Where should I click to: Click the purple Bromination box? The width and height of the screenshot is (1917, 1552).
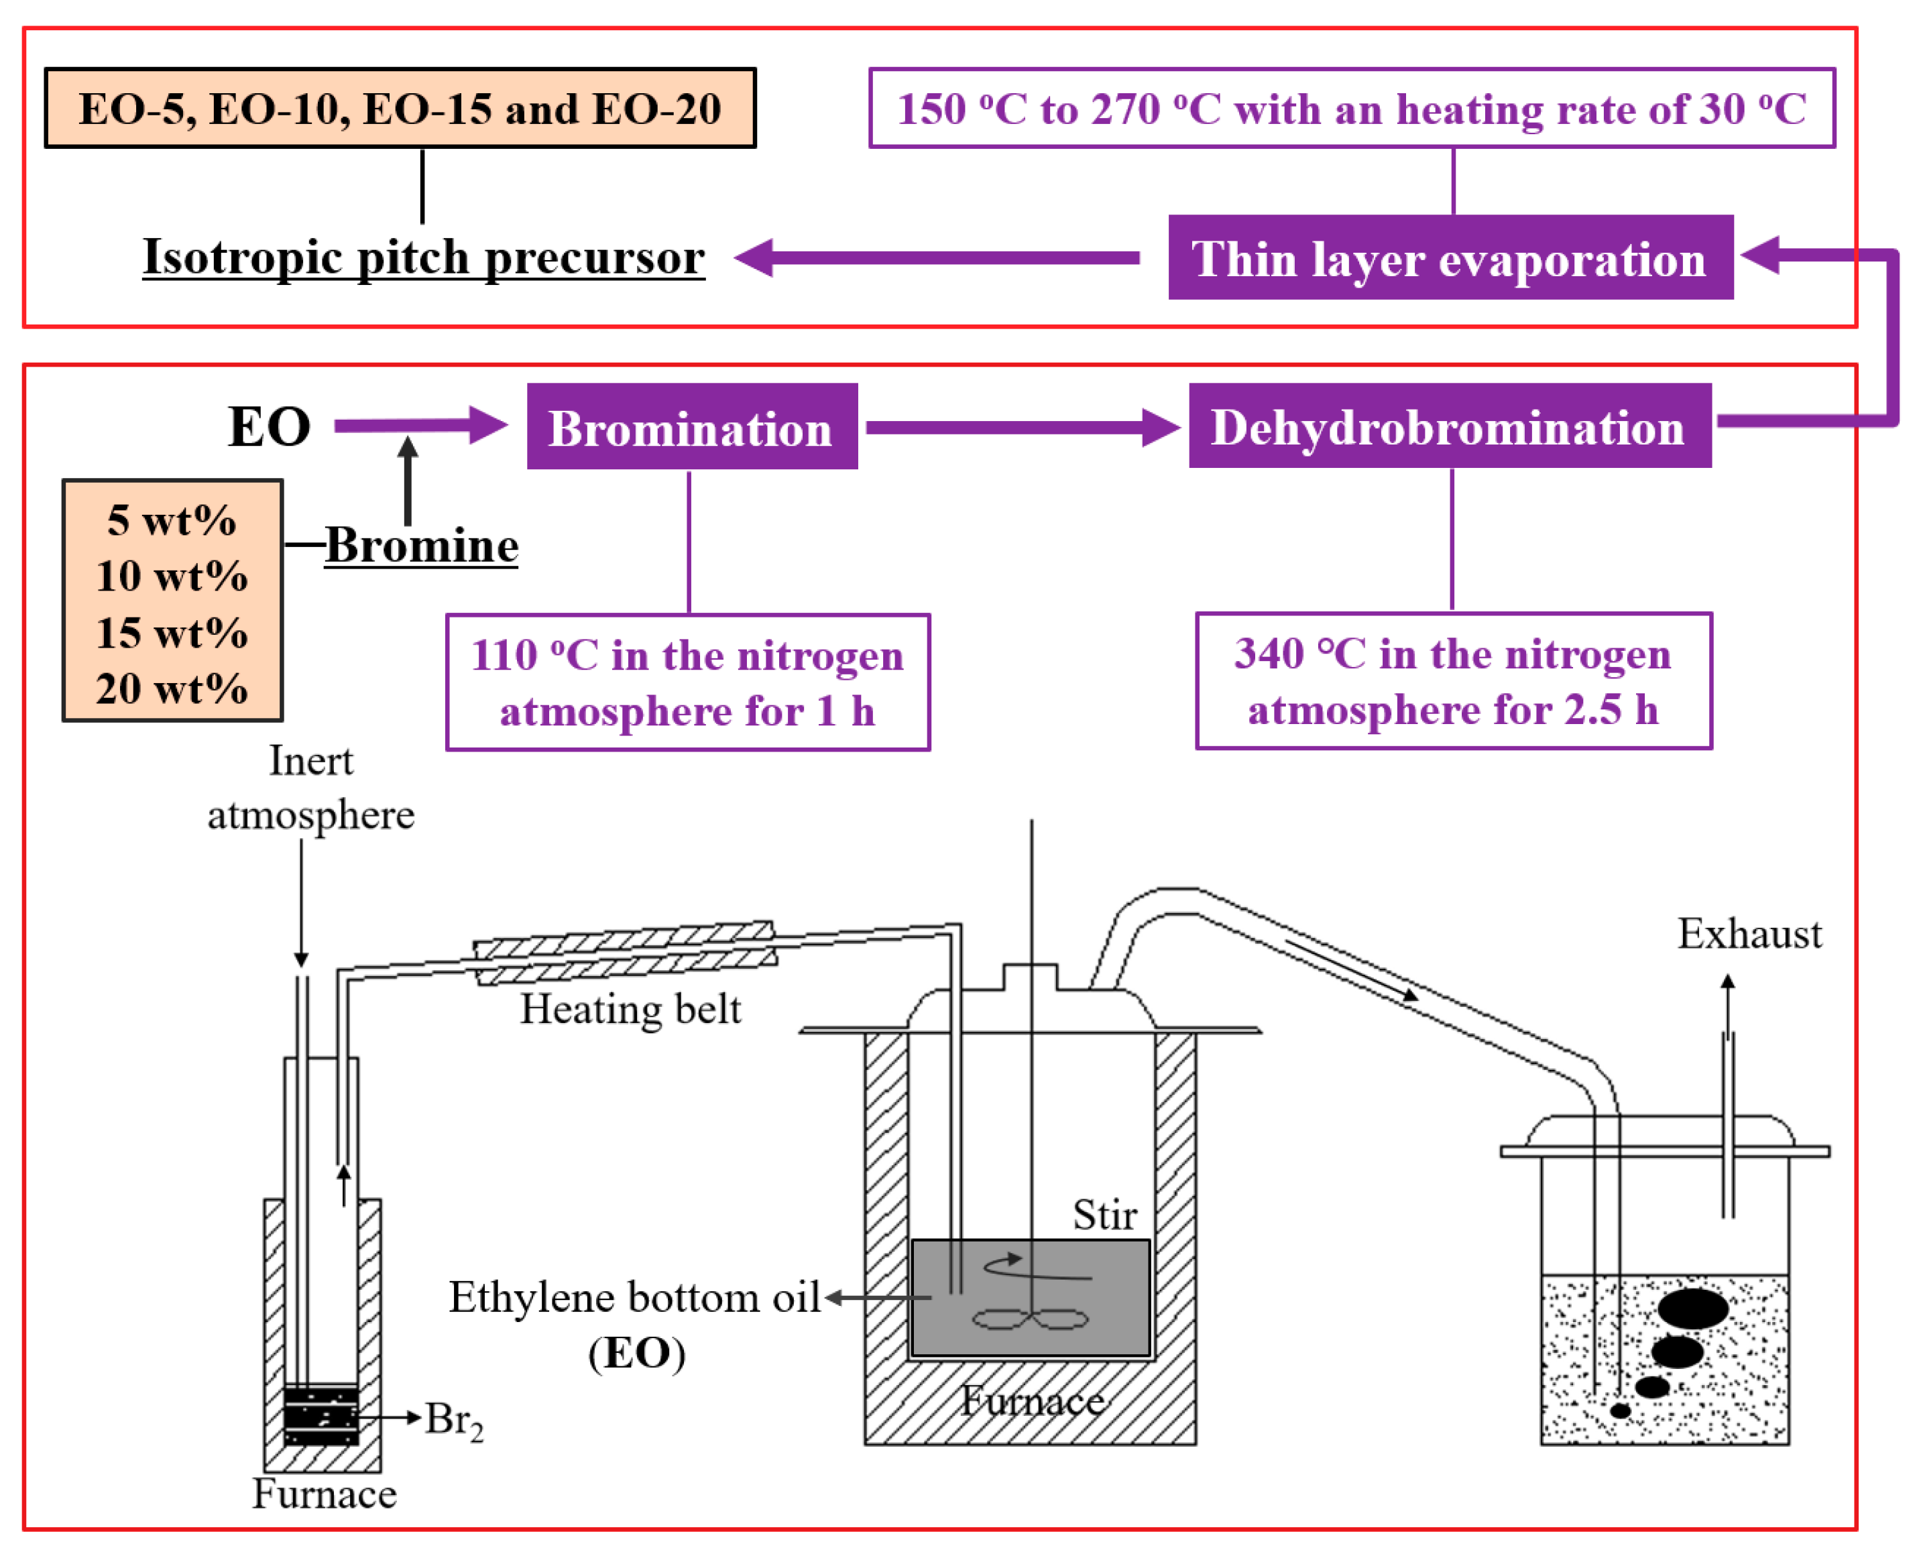(x=691, y=427)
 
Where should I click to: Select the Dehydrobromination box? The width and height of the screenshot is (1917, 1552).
(x=1448, y=426)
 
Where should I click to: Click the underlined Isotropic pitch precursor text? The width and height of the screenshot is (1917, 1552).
(x=424, y=257)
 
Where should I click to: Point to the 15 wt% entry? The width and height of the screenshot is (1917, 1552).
(x=172, y=633)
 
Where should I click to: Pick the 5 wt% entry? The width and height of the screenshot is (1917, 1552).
(x=172, y=520)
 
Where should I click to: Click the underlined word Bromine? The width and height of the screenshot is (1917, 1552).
(x=421, y=544)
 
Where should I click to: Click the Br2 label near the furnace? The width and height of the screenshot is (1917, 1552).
(x=453, y=1419)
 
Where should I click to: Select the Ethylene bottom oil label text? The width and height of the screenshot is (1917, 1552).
(x=633, y=1297)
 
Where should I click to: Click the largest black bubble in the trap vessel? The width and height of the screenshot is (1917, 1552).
(x=1692, y=1309)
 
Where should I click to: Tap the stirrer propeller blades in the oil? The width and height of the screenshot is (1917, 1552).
(x=1030, y=1319)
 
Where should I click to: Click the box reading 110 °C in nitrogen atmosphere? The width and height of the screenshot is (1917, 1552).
(x=687, y=682)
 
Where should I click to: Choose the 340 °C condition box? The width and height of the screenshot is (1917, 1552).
(x=1453, y=681)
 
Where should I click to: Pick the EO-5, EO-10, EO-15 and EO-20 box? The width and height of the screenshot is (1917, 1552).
(x=400, y=108)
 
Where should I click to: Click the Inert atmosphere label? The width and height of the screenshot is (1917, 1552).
(x=310, y=788)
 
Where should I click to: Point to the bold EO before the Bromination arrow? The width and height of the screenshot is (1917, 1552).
(x=269, y=426)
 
